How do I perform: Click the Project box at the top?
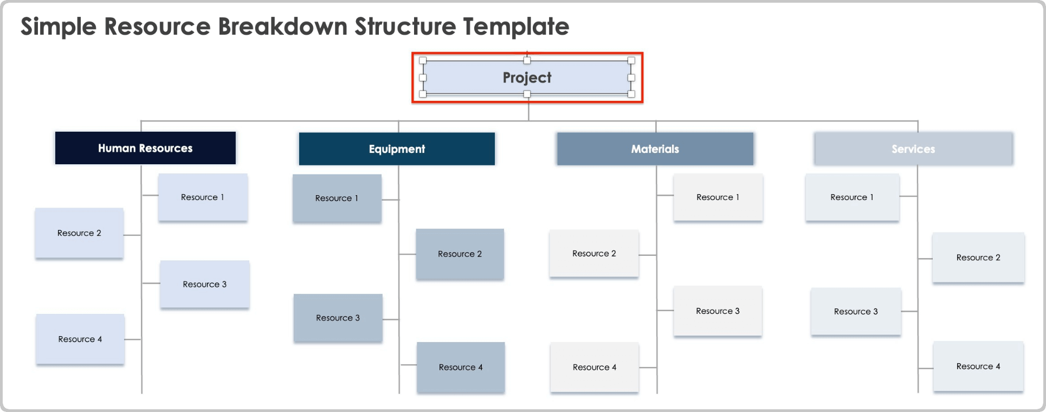point(527,78)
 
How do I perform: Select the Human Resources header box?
point(145,148)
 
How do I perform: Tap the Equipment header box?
point(397,149)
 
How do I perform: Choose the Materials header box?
point(655,149)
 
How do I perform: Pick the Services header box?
point(913,149)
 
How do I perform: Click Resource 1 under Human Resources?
point(203,197)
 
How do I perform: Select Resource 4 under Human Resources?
point(80,339)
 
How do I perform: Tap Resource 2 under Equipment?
point(460,254)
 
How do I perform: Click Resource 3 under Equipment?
point(338,318)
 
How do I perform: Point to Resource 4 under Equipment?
point(461,367)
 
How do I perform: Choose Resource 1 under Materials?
point(718,197)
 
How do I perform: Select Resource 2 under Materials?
point(594,254)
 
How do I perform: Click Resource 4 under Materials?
point(595,367)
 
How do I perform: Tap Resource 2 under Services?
point(978,257)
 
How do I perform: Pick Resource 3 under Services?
point(856,312)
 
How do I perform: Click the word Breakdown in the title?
point(282,27)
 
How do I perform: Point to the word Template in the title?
point(515,27)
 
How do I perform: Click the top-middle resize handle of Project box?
point(527,60)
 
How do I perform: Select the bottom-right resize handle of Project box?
point(631,94)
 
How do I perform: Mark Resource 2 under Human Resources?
point(79,233)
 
